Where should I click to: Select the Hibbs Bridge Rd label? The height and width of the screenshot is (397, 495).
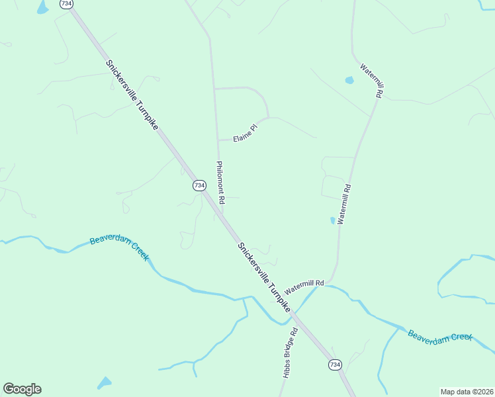[x=290, y=353]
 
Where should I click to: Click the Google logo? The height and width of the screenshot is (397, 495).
[x=22, y=389]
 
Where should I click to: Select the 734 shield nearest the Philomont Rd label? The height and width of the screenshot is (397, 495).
[x=199, y=186]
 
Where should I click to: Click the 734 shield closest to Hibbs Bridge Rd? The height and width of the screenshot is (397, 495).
[x=335, y=365]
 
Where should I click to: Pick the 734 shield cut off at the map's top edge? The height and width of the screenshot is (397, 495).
[x=66, y=3]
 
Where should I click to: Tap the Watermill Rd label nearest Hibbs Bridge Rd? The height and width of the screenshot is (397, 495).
[x=304, y=287]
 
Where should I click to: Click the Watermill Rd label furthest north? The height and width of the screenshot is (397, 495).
[x=371, y=81]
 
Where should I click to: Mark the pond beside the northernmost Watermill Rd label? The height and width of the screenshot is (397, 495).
[x=349, y=81]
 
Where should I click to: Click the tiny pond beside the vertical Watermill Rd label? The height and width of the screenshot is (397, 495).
[x=332, y=220]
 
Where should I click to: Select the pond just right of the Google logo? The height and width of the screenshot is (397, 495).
[x=104, y=383]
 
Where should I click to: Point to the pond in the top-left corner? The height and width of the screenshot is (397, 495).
[x=42, y=8]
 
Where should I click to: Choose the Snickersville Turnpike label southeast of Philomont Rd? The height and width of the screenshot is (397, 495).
[x=264, y=276]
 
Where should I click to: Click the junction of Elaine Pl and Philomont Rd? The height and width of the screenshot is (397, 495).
[x=218, y=140]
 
